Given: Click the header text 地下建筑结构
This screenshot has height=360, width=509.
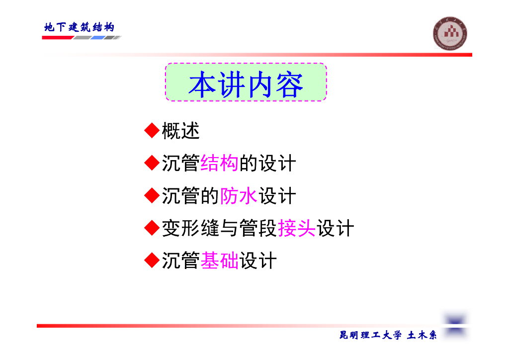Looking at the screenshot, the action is click(x=79, y=27).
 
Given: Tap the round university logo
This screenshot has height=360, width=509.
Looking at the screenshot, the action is click(x=450, y=33).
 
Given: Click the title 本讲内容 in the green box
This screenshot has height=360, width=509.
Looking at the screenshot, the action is click(x=246, y=85).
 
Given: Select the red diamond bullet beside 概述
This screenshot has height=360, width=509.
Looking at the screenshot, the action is click(x=152, y=130).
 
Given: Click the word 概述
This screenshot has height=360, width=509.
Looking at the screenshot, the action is click(x=180, y=131).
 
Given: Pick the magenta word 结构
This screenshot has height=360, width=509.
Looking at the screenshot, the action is click(x=219, y=163).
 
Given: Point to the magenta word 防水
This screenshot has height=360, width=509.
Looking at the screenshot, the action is click(x=239, y=196).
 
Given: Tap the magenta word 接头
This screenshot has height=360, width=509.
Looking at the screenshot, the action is click(x=297, y=228).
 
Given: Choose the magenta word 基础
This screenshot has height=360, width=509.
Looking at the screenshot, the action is click(x=219, y=261).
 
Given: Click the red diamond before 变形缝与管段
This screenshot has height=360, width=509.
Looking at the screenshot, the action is click(x=152, y=228).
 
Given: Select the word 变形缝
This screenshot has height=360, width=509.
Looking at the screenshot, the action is click(x=190, y=228).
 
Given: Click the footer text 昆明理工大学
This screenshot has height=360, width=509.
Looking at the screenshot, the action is click(x=370, y=335).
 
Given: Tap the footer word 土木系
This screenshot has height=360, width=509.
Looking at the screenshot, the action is click(x=422, y=335).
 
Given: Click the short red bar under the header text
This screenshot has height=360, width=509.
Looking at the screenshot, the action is click(x=58, y=38).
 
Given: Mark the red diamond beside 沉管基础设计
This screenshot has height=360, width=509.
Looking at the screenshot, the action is click(x=152, y=260).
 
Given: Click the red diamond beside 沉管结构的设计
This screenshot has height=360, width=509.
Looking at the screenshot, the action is click(x=152, y=163).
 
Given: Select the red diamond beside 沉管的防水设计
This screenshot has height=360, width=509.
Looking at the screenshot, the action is click(x=152, y=195).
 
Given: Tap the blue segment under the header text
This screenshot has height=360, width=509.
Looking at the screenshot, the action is click(x=97, y=38).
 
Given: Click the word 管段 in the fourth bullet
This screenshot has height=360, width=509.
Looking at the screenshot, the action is click(x=258, y=228).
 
